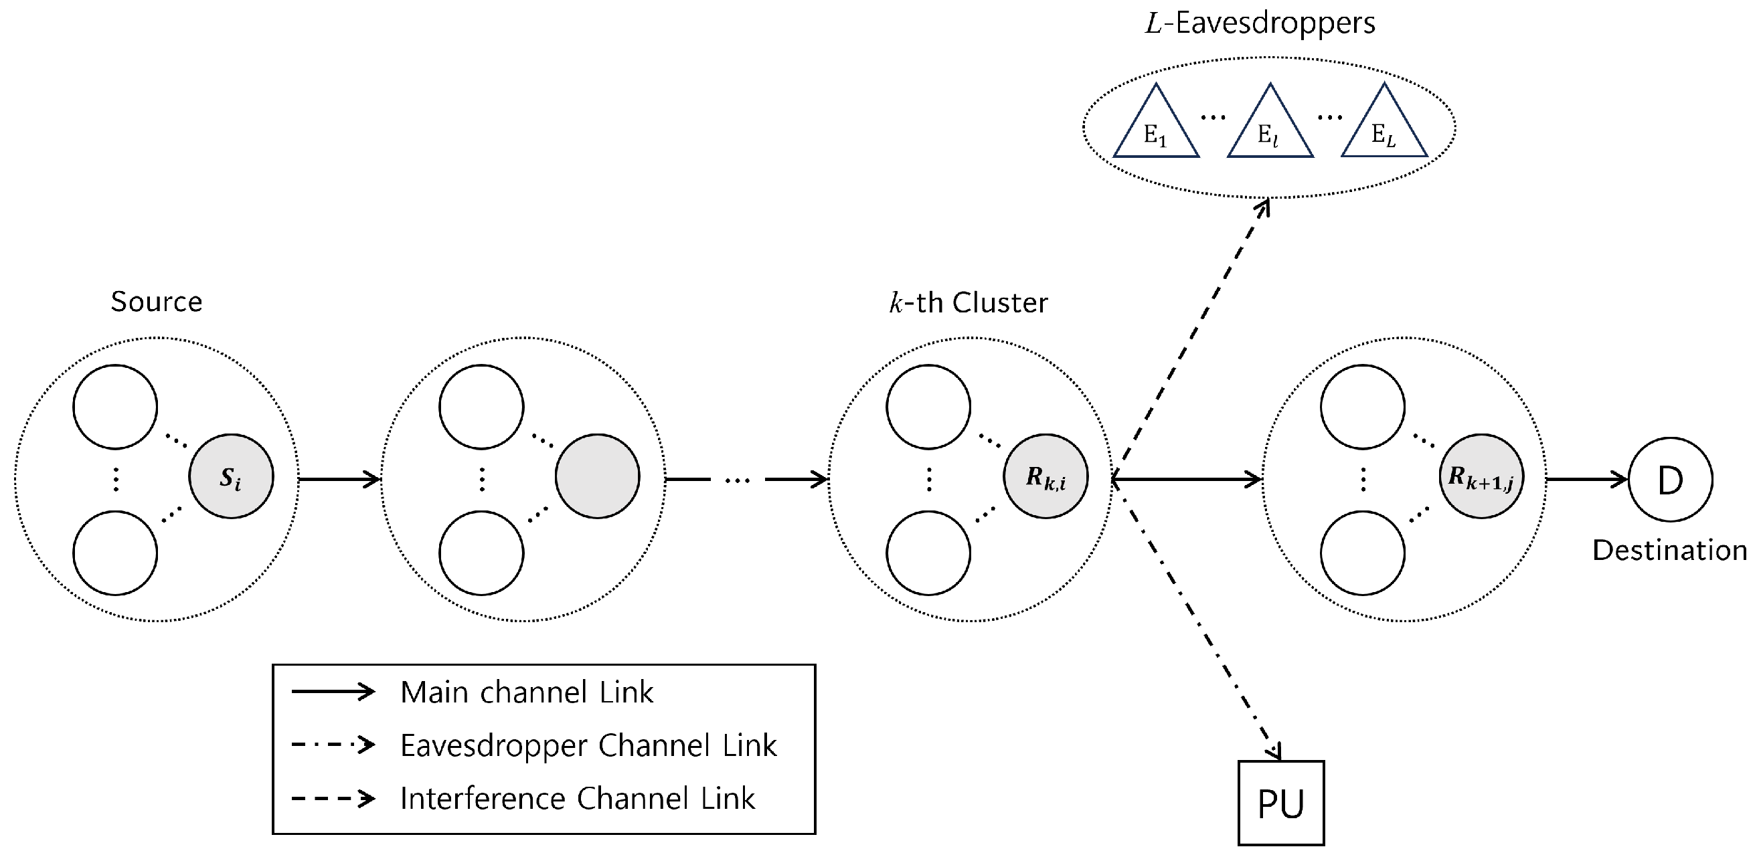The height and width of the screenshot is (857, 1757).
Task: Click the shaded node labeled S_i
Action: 231,476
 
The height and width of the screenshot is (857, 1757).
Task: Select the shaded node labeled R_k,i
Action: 1045,476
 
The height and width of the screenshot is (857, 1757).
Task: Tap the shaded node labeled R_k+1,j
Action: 1481,476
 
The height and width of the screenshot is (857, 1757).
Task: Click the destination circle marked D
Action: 1670,480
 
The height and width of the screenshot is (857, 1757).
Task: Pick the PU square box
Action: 1281,803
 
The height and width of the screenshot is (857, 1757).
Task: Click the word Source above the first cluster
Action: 156,301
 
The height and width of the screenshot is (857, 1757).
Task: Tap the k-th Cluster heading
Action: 969,302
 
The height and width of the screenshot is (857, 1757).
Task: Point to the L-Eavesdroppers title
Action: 1260,23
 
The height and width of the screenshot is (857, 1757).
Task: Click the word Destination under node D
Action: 1670,550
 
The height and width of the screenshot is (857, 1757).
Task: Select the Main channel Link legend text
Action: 527,692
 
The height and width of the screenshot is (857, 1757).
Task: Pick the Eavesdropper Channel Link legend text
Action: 588,745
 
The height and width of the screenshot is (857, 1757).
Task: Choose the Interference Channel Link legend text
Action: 577,798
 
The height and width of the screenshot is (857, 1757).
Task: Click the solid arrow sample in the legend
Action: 333,692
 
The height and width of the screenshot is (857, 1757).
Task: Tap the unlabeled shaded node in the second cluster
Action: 598,476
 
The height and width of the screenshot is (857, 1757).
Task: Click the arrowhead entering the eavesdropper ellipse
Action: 1264,207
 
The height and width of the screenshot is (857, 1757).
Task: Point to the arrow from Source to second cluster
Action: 339,480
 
